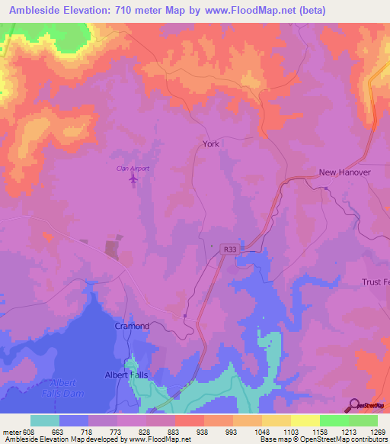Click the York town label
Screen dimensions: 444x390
pos(211,143)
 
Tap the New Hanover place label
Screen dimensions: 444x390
pos(344,172)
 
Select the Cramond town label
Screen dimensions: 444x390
pos(132,326)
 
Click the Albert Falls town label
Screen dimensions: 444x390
pos(126,375)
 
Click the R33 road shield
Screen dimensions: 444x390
pos(230,249)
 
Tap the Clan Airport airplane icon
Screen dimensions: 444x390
pos(134,179)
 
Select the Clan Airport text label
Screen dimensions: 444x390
pos(132,168)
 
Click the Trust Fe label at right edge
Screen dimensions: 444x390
pos(375,282)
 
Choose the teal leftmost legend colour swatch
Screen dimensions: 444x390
pos(45,420)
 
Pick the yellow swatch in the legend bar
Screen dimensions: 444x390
pos(305,420)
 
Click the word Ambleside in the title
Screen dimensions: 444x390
pos(33,11)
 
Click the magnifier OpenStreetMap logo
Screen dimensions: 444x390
pos(353,405)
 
